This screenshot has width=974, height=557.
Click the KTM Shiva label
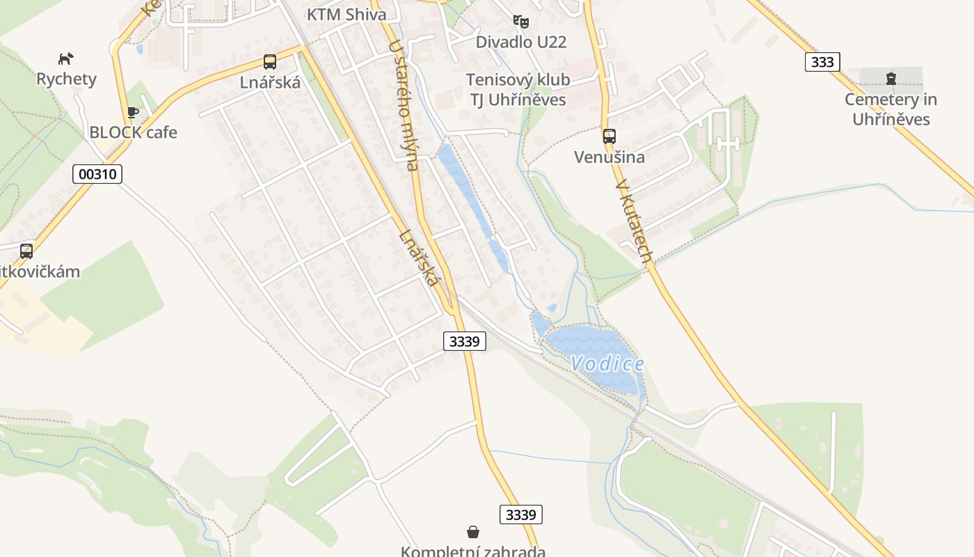click(346, 14)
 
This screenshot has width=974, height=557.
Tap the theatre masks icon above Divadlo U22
click(520, 22)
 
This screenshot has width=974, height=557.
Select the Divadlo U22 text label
click(520, 42)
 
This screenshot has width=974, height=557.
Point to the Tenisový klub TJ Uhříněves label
click(518, 90)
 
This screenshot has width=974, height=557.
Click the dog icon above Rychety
click(66, 58)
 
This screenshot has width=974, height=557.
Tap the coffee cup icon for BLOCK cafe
click(133, 112)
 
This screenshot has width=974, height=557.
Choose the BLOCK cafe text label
click(133, 132)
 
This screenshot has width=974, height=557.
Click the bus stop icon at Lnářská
click(270, 61)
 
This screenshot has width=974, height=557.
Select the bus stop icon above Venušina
click(609, 136)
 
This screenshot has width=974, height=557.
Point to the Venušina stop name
click(609, 157)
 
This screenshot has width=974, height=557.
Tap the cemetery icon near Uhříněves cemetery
click(891, 79)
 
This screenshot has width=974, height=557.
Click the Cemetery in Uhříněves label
click(891, 109)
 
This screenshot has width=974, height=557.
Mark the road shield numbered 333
click(822, 62)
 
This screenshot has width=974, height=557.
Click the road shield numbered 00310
click(97, 173)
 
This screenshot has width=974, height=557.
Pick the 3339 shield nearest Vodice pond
click(465, 341)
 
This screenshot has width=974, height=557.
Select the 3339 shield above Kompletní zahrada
click(520, 515)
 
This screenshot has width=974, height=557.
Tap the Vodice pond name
click(607, 363)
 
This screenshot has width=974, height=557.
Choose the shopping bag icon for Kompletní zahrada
click(473, 532)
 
